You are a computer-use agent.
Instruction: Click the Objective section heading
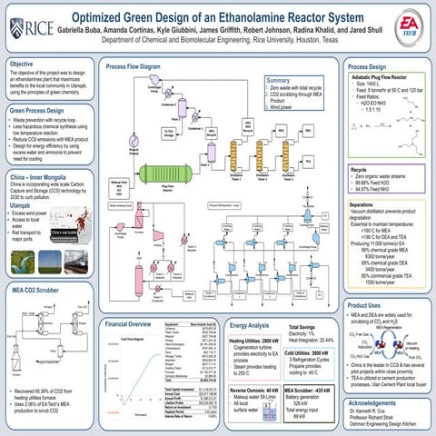coord(23,65)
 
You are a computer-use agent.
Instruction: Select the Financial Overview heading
coord(134,299)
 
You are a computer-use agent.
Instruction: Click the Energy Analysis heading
coord(250,299)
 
